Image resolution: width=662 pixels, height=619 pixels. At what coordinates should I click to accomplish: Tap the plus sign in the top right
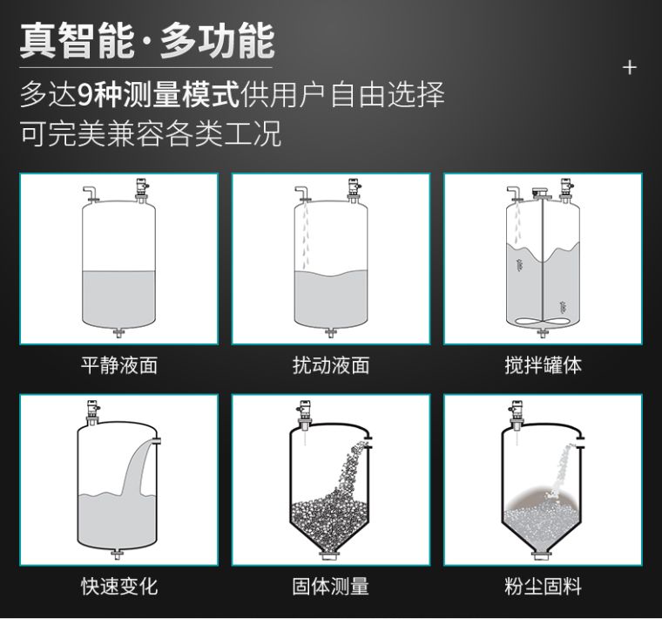click(630, 68)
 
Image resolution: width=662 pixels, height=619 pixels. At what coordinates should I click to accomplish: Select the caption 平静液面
click(119, 365)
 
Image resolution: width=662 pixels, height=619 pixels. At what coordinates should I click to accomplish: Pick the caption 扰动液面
click(331, 365)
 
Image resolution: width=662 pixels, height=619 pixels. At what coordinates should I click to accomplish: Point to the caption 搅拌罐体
click(544, 365)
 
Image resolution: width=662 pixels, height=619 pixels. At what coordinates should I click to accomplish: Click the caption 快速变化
click(119, 587)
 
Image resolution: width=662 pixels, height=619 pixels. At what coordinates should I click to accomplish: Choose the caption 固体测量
click(331, 587)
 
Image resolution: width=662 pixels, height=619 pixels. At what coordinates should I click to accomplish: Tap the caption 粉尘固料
click(544, 587)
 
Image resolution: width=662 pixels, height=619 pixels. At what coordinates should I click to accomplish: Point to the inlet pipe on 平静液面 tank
click(89, 194)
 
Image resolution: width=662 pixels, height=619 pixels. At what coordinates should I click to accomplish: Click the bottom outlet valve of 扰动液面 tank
click(331, 332)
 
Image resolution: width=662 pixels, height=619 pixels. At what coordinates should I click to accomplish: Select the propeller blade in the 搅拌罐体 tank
click(543, 323)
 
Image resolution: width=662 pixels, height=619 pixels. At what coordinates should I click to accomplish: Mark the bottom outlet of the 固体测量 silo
click(331, 554)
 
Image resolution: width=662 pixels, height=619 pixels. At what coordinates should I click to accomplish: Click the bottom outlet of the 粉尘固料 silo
click(544, 554)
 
